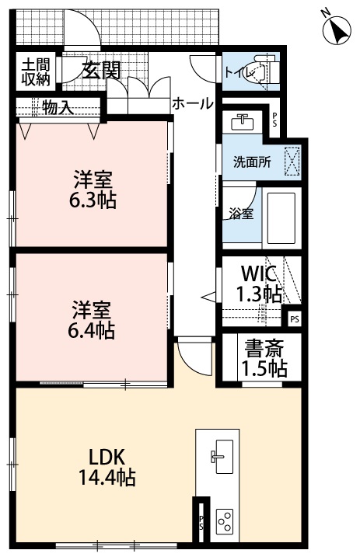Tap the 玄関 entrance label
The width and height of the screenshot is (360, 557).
pyautogui.click(x=101, y=71)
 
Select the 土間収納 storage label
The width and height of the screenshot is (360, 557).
pyautogui.click(x=35, y=71)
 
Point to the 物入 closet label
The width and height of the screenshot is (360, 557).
pyautogui.click(x=58, y=108)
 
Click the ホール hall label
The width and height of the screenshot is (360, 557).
pyautogui.click(x=191, y=103)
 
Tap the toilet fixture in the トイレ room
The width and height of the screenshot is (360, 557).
pyautogui.click(x=267, y=71)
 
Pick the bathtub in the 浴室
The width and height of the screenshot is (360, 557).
pyautogui.click(x=281, y=217)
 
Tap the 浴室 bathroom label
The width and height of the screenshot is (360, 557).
pyautogui.click(x=239, y=214)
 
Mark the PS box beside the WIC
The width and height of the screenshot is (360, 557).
pyautogui.click(x=293, y=318)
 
